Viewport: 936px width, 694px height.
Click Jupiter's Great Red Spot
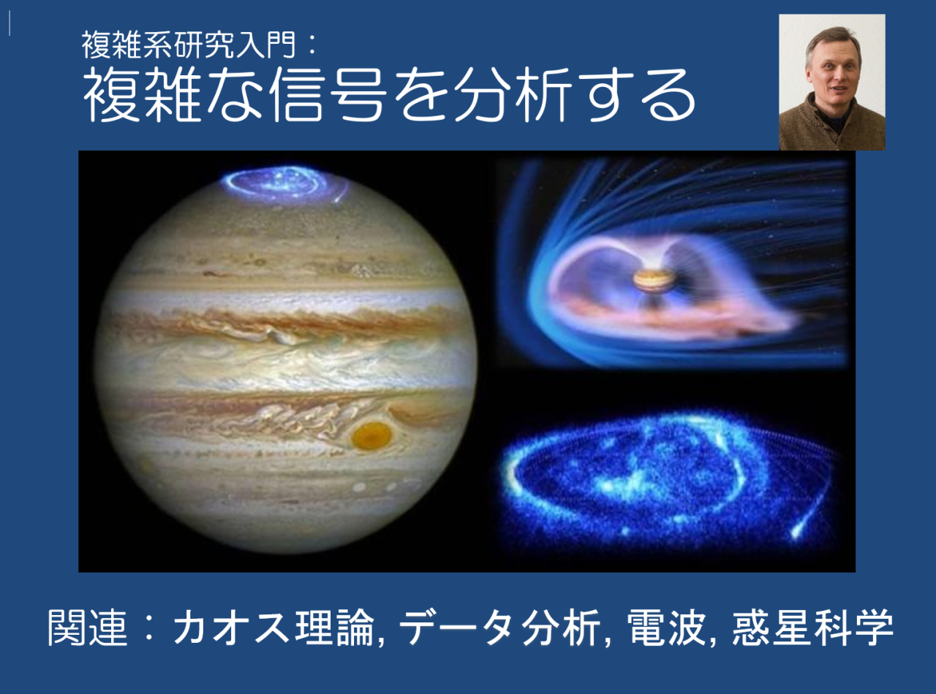[371, 435]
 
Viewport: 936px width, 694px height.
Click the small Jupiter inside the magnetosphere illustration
[645, 279]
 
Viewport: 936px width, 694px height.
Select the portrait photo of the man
[831, 82]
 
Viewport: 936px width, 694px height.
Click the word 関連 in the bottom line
[81, 628]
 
